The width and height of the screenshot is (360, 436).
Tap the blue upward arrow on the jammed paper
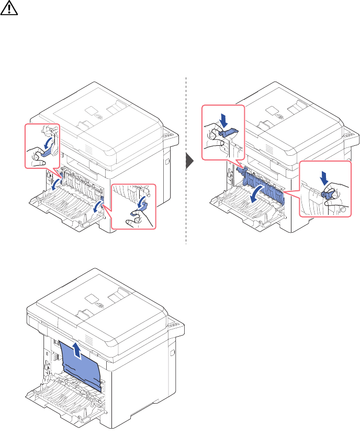click(x=78, y=349)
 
